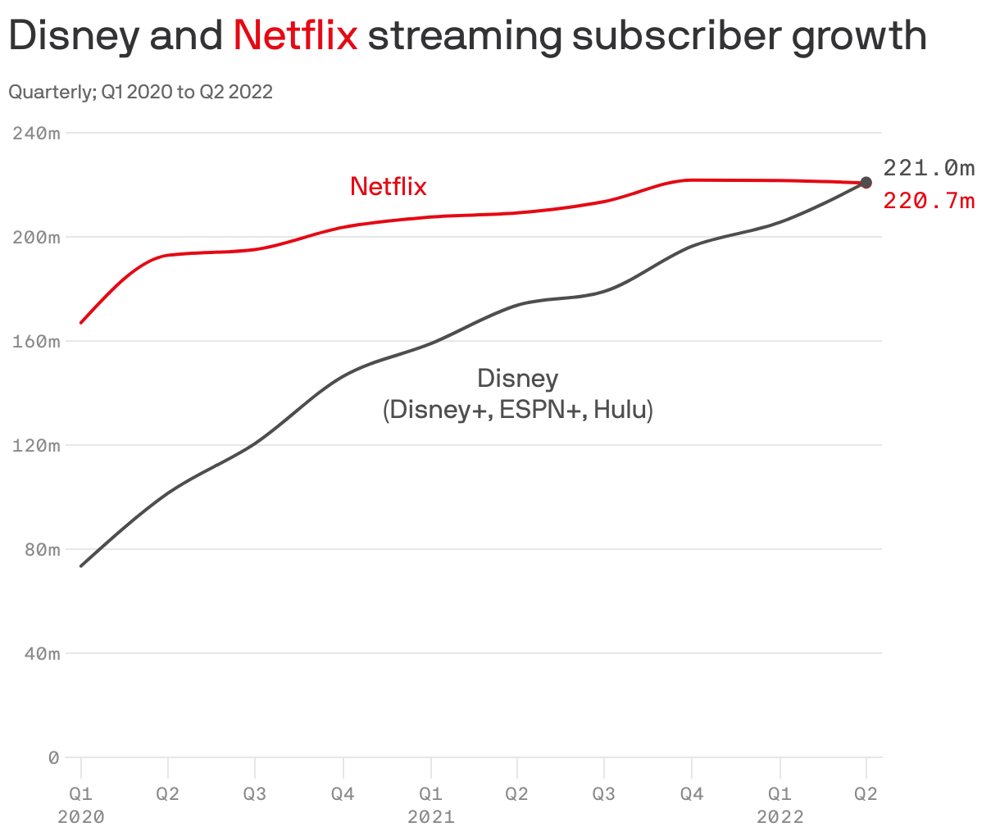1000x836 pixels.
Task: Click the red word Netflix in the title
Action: (x=295, y=36)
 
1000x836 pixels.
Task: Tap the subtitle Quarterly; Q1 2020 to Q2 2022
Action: (x=140, y=92)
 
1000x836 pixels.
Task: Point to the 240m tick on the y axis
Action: (x=36, y=133)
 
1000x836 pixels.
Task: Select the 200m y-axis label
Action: (x=36, y=237)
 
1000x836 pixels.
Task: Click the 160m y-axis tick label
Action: (x=36, y=341)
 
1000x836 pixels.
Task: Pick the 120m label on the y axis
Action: (x=36, y=445)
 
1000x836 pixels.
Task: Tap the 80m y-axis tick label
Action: (x=41, y=549)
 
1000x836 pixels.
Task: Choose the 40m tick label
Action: (x=41, y=653)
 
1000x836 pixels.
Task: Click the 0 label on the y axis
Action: (x=53, y=757)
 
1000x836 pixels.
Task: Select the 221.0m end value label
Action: (x=929, y=169)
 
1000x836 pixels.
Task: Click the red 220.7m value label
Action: (x=929, y=200)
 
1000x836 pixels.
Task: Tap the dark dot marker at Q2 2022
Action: (x=866, y=183)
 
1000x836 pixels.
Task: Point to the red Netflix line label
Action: (x=388, y=187)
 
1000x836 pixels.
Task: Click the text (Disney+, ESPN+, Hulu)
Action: (x=518, y=409)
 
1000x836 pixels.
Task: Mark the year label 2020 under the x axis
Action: (x=81, y=817)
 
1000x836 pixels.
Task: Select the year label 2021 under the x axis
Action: (x=430, y=817)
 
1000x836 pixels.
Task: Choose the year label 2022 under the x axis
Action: (x=780, y=817)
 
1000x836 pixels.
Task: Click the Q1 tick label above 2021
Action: (x=430, y=793)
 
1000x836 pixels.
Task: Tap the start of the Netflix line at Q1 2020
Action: (x=81, y=323)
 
